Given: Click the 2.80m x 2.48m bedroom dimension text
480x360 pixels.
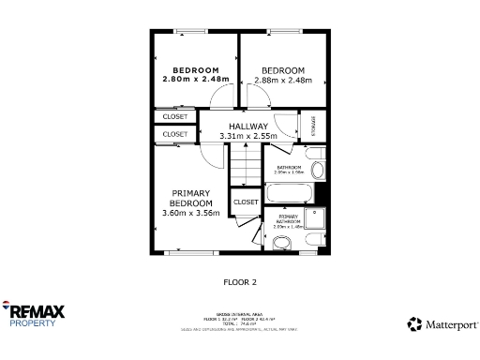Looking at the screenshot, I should (x=195, y=80).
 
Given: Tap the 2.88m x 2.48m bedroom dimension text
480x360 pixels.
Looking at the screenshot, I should (x=282, y=81).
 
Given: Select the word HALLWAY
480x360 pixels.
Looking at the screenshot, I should (x=248, y=126).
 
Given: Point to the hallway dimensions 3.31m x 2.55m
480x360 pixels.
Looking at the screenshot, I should (x=248, y=136).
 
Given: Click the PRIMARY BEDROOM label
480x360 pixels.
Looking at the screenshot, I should (x=190, y=198).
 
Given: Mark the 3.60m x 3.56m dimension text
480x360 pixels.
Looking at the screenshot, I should (x=190, y=213).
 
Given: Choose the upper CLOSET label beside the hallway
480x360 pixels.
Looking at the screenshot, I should (x=174, y=117).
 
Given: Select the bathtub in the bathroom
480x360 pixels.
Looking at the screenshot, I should (x=290, y=195).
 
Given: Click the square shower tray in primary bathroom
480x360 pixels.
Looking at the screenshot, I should (x=320, y=219).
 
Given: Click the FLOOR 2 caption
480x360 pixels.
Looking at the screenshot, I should (x=239, y=281).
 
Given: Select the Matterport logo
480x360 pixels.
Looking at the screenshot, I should (x=442, y=324).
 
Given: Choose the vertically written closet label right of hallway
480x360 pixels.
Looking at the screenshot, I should (x=313, y=126).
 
